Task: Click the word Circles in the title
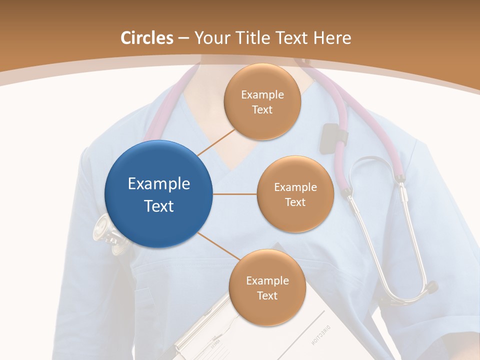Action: (147, 38)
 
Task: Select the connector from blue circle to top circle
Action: (216, 142)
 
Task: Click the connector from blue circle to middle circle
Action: (235, 194)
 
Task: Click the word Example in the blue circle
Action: (158, 184)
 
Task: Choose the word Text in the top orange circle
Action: (262, 110)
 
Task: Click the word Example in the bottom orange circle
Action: (267, 281)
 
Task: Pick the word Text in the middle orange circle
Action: (295, 202)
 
